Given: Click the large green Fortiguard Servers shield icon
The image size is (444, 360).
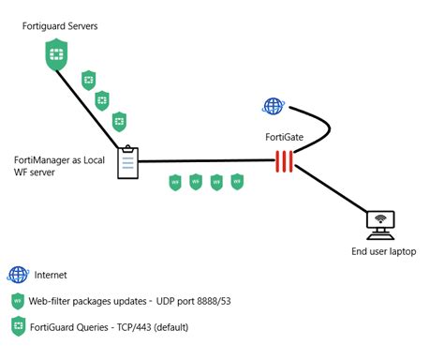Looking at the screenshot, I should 56,53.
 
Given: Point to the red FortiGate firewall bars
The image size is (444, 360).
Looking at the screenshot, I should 285,162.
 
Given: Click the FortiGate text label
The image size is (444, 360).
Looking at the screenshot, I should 286,137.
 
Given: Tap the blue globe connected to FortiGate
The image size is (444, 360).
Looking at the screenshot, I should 274,106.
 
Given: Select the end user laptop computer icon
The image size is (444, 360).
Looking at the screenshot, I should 379,225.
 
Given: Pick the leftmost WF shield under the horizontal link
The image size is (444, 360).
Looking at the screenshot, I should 174,182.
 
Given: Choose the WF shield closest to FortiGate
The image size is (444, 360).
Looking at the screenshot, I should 238,182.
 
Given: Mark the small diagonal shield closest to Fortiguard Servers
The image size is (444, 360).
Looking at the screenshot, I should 89,79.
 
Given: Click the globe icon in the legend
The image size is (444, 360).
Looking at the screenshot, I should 18,275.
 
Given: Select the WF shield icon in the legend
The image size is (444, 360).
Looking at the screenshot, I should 18,302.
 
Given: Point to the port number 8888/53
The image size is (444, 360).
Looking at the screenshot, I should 218,302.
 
